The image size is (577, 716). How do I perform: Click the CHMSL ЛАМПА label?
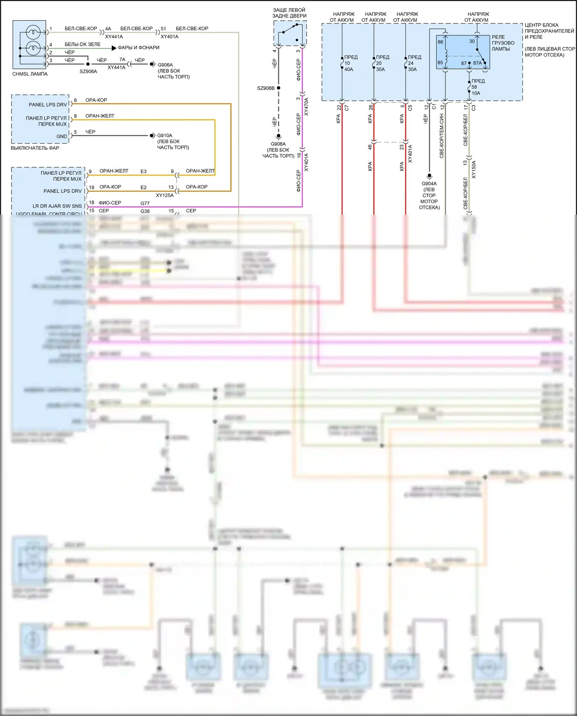[30, 74]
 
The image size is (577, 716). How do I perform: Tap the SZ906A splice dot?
[88, 64]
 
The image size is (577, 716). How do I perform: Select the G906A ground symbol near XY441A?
[153, 64]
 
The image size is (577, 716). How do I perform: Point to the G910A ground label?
[165, 135]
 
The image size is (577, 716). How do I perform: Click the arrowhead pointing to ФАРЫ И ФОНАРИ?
[114, 48]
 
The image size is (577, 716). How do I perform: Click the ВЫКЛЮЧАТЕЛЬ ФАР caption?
[35, 148]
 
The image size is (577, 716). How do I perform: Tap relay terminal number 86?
[440, 42]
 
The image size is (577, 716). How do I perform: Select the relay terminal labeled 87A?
[477, 63]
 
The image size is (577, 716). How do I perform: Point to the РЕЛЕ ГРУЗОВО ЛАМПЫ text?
[503, 43]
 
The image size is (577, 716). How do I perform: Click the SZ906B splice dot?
[278, 88]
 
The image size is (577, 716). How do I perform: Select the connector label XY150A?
[474, 169]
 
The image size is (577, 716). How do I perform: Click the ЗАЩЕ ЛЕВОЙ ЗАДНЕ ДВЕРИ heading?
[289, 13]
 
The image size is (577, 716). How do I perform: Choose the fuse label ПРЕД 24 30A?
[414, 63]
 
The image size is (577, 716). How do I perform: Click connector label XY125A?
[165, 195]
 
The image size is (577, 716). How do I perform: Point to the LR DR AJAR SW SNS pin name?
[57, 206]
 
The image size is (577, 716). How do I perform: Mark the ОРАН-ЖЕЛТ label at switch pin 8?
[100, 116]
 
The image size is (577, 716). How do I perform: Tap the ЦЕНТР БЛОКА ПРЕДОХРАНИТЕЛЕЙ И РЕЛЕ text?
[549, 31]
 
